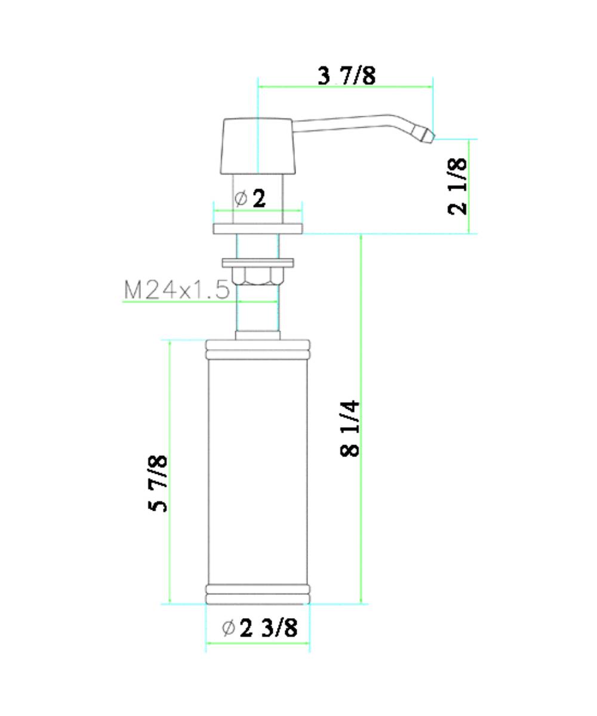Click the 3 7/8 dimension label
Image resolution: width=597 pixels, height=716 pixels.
pos(346,76)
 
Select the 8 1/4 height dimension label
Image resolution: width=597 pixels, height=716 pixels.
pos(350,428)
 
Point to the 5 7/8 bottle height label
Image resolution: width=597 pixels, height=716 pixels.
pos(158,483)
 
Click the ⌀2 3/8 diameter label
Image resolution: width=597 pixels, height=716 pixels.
pos(260,628)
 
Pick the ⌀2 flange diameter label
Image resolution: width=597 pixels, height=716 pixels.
pos(250,198)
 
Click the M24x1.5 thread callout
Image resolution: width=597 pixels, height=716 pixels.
pos(177,290)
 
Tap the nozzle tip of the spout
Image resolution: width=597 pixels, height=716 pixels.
pos(426,134)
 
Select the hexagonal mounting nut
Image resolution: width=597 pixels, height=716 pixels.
pos(258,276)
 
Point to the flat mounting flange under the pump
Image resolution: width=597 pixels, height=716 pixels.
pos(258,229)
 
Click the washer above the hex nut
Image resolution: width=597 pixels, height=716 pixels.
pos(258,262)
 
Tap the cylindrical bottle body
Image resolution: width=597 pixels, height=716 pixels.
pos(258,471)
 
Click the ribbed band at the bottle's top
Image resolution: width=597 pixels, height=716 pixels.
pos(258,350)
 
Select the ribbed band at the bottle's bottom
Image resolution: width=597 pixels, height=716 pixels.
pos(258,594)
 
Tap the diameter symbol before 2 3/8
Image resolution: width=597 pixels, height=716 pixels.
pos(228,628)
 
